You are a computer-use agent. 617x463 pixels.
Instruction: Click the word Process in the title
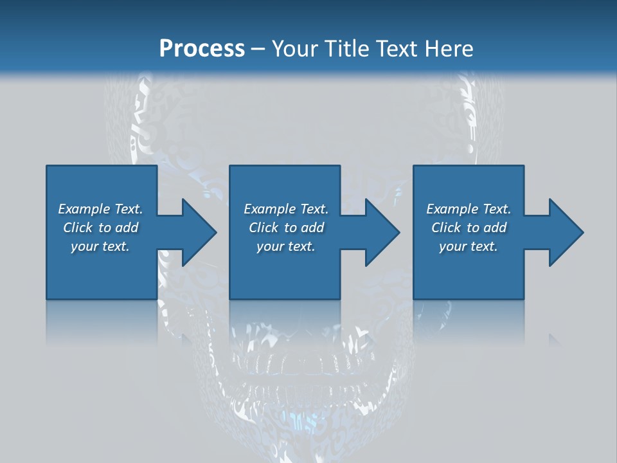pos(202,49)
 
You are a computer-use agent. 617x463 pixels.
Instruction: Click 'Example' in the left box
pos(84,209)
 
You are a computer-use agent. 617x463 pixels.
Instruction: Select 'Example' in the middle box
pos(269,209)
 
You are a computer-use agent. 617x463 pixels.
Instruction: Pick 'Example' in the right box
pos(452,209)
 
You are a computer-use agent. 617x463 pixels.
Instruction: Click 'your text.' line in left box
pos(100,246)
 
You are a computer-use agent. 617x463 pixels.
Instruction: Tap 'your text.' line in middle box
pos(285,246)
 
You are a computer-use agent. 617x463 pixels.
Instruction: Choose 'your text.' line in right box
pos(468,246)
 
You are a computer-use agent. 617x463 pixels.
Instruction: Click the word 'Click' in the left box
pos(78,228)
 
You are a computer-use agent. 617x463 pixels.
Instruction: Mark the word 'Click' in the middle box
pos(264,228)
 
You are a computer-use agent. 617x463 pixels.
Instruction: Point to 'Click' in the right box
pos(446,228)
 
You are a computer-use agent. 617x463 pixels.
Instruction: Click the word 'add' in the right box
pos(494,228)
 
